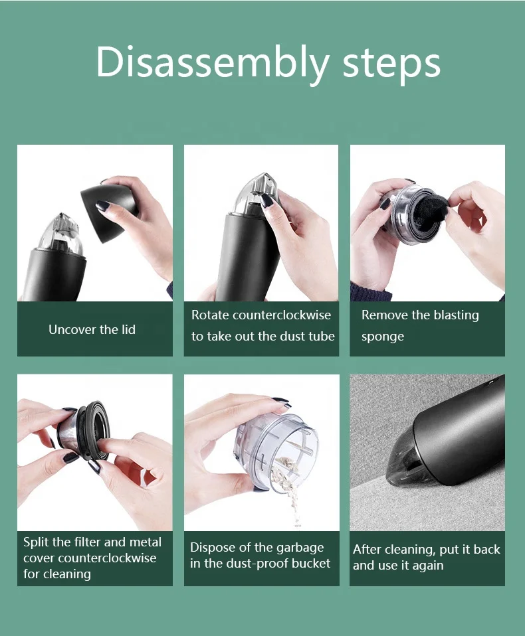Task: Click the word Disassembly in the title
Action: click(x=213, y=62)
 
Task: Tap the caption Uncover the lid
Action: click(x=92, y=329)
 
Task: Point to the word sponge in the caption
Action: click(x=383, y=337)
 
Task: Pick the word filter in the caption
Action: click(x=88, y=542)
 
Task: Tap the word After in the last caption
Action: click(x=367, y=549)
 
